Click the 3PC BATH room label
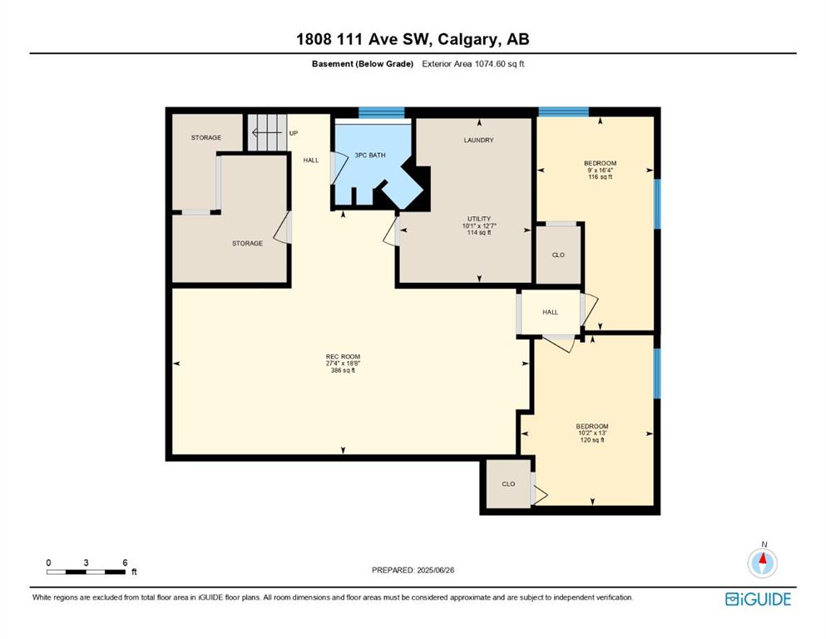point(370,156)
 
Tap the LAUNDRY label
point(479,140)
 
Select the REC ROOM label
point(343,357)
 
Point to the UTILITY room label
point(479,219)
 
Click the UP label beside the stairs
point(294,133)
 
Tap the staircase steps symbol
point(267,132)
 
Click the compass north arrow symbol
point(762,562)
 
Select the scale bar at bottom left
point(86,572)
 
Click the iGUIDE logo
point(758,599)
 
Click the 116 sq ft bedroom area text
point(600,177)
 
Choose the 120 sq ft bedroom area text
point(592,440)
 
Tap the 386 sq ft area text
point(343,370)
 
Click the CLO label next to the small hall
point(558,255)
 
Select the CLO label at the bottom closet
point(508,484)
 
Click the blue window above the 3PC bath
point(382,112)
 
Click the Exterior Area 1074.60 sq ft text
point(473,64)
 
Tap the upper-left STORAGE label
point(206,137)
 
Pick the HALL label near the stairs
point(311,160)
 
